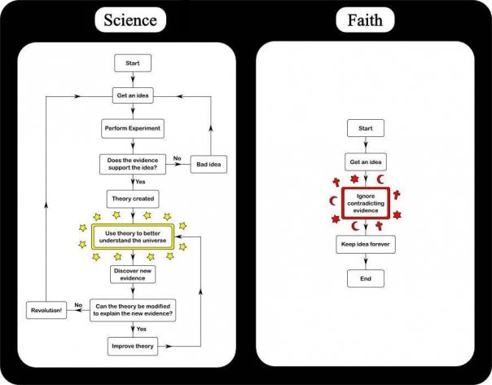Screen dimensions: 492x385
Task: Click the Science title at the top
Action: pyautogui.click(x=130, y=20)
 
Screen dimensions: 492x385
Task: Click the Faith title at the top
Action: pyautogui.click(x=365, y=20)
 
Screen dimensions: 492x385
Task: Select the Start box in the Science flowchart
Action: pyautogui.click(x=133, y=63)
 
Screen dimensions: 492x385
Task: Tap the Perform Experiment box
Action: pyautogui.click(x=133, y=128)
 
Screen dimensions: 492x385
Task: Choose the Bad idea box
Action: pyautogui.click(x=209, y=164)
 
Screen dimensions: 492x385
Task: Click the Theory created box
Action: pyautogui.click(x=133, y=199)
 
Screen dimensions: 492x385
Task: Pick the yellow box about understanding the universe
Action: pyautogui.click(x=133, y=237)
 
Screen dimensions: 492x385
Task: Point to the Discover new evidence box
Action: pyautogui.click(x=133, y=274)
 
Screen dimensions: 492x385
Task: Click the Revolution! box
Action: pyautogui.click(x=46, y=310)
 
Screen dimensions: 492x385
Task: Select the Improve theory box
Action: pyautogui.click(x=133, y=347)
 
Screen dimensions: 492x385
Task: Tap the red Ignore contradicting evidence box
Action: pyautogui.click(x=366, y=203)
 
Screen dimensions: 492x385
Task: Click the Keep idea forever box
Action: pyautogui.click(x=366, y=244)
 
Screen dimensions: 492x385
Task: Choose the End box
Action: pyautogui.click(x=366, y=278)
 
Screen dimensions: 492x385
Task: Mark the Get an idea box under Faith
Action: pyautogui.click(x=366, y=162)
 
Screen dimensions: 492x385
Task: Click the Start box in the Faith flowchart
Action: pyautogui.click(x=366, y=128)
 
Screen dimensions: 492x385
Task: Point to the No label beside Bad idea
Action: pyautogui.click(x=178, y=158)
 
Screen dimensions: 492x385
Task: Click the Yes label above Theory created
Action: pyautogui.click(x=140, y=182)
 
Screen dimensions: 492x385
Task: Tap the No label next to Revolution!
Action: pyautogui.click(x=78, y=305)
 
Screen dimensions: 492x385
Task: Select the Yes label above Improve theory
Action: pyautogui.click(x=141, y=329)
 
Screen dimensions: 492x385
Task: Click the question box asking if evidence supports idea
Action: pyautogui.click(x=133, y=164)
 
